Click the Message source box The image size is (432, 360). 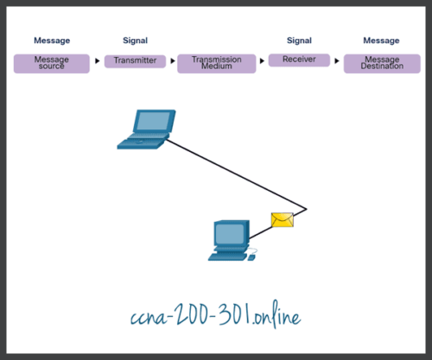(51, 63)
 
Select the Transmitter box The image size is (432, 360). (135, 60)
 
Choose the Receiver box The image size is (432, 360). (298, 60)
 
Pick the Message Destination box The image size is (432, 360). (382, 63)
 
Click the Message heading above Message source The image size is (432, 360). (51, 41)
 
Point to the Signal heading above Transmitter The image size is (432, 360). (135, 41)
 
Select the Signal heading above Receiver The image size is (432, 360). (298, 41)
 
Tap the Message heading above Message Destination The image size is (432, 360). (382, 41)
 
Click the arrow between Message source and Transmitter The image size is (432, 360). (97, 61)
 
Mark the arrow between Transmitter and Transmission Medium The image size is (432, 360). (173, 61)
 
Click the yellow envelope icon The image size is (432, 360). (283, 220)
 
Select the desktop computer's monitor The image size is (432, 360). (230, 233)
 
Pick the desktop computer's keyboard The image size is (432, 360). (231, 256)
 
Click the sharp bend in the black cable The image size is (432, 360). (306, 208)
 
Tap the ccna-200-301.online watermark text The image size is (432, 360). (216, 317)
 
